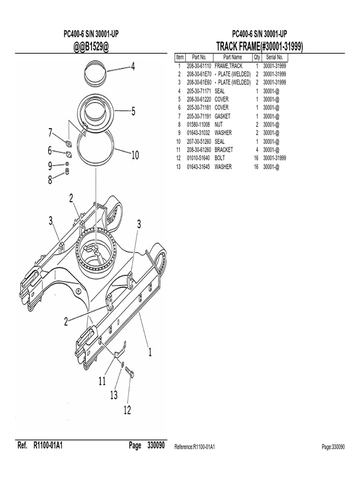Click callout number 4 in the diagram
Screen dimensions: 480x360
[133, 67]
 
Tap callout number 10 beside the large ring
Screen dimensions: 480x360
[135, 155]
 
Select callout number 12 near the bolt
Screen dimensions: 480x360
[127, 410]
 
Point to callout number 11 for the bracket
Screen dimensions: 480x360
[103, 382]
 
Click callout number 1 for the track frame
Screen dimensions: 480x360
[150, 352]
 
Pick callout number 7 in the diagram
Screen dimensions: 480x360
[50, 133]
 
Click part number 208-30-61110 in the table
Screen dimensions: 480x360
[199, 66]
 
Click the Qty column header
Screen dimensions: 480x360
[256, 57]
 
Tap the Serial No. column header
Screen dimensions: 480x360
[274, 57]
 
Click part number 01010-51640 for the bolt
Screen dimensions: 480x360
[199, 158]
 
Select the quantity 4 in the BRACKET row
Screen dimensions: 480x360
[257, 150]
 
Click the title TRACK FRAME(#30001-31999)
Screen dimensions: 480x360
[259, 46]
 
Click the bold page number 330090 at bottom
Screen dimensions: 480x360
[155, 446]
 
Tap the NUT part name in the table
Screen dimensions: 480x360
[219, 125]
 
